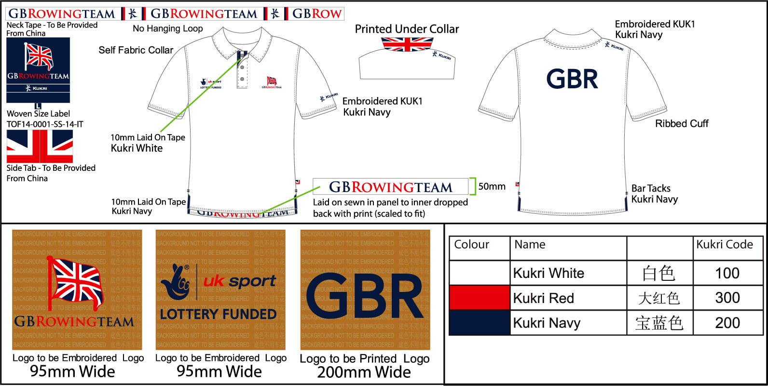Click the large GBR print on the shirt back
[x=572, y=79]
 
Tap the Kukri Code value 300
[x=727, y=298]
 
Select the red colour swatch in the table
[x=480, y=298]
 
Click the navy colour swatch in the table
[x=480, y=323]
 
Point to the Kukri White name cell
[x=549, y=273]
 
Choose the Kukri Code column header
[x=724, y=245]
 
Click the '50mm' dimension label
[x=492, y=186]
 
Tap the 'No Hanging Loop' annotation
[x=167, y=28]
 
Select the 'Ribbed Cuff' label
[x=681, y=124]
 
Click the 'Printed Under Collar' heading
[x=407, y=29]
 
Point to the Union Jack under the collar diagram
[x=407, y=44]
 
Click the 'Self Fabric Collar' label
[x=136, y=50]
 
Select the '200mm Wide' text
[x=364, y=372]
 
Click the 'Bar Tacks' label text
[x=651, y=188]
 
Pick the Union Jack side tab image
[x=40, y=146]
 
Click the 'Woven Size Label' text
[x=38, y=114]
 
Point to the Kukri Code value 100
[x=727, y=273]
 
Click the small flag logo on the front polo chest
[x=272, y=82]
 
